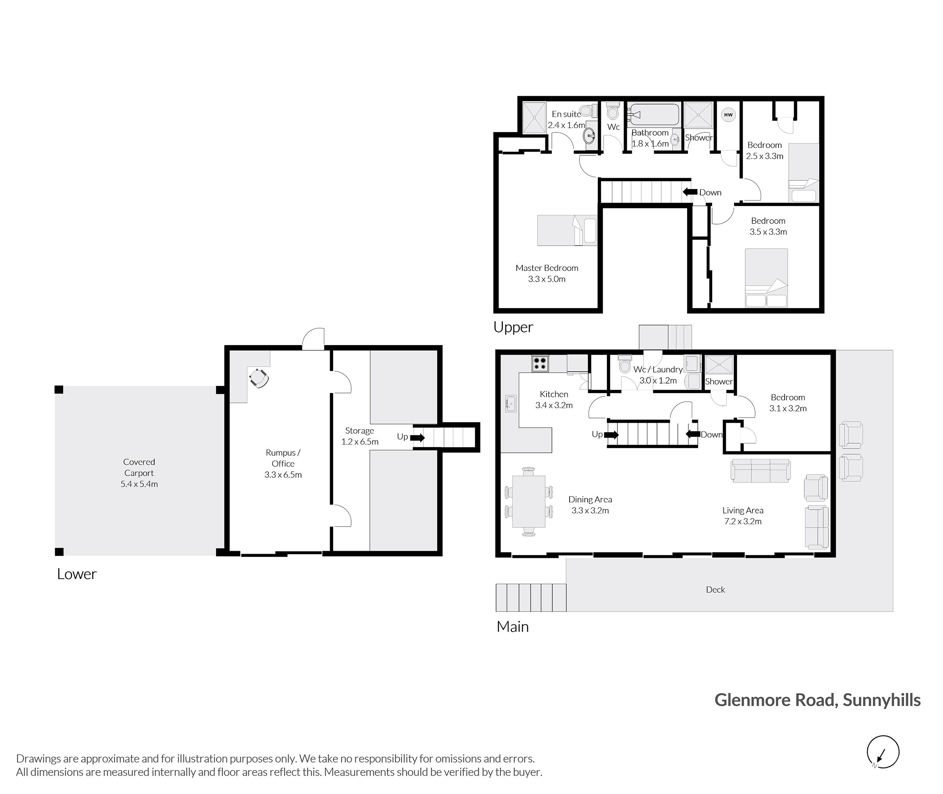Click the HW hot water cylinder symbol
point(728,115)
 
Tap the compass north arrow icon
point(883,752)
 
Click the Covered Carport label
point(139,473)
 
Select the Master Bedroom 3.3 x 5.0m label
point(547,273)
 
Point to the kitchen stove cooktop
point(540,363)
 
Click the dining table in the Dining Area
point(528,501)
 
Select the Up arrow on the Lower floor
point(417,438)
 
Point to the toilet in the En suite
point(586,110)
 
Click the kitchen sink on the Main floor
point(510,404)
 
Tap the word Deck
point(715,590)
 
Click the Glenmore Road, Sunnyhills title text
point(817,700)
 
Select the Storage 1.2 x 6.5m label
point(359,436)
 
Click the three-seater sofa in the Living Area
point(760,470)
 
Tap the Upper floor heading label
point(513,327)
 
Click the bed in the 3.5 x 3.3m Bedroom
point(766,278)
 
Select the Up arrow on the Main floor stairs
point(611,435)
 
